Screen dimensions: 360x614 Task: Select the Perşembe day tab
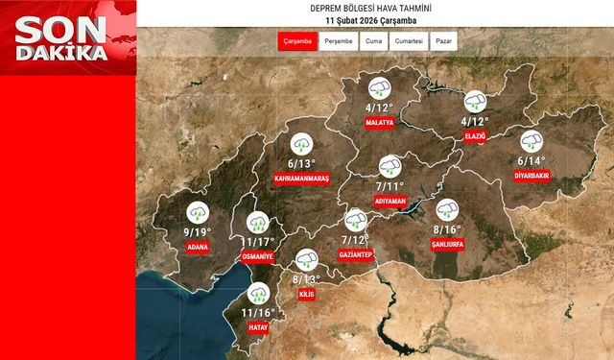point(338,42)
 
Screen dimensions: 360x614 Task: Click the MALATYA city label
point(380,123)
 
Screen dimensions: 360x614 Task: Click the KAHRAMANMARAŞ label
point(302,179)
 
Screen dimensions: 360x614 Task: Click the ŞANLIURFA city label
point(448,246)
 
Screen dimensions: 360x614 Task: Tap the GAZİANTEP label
point(356,253)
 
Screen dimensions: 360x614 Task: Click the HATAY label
point(258,327)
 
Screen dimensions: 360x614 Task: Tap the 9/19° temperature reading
point(199,231)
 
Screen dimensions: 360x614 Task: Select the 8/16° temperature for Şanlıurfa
point(447,229)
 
